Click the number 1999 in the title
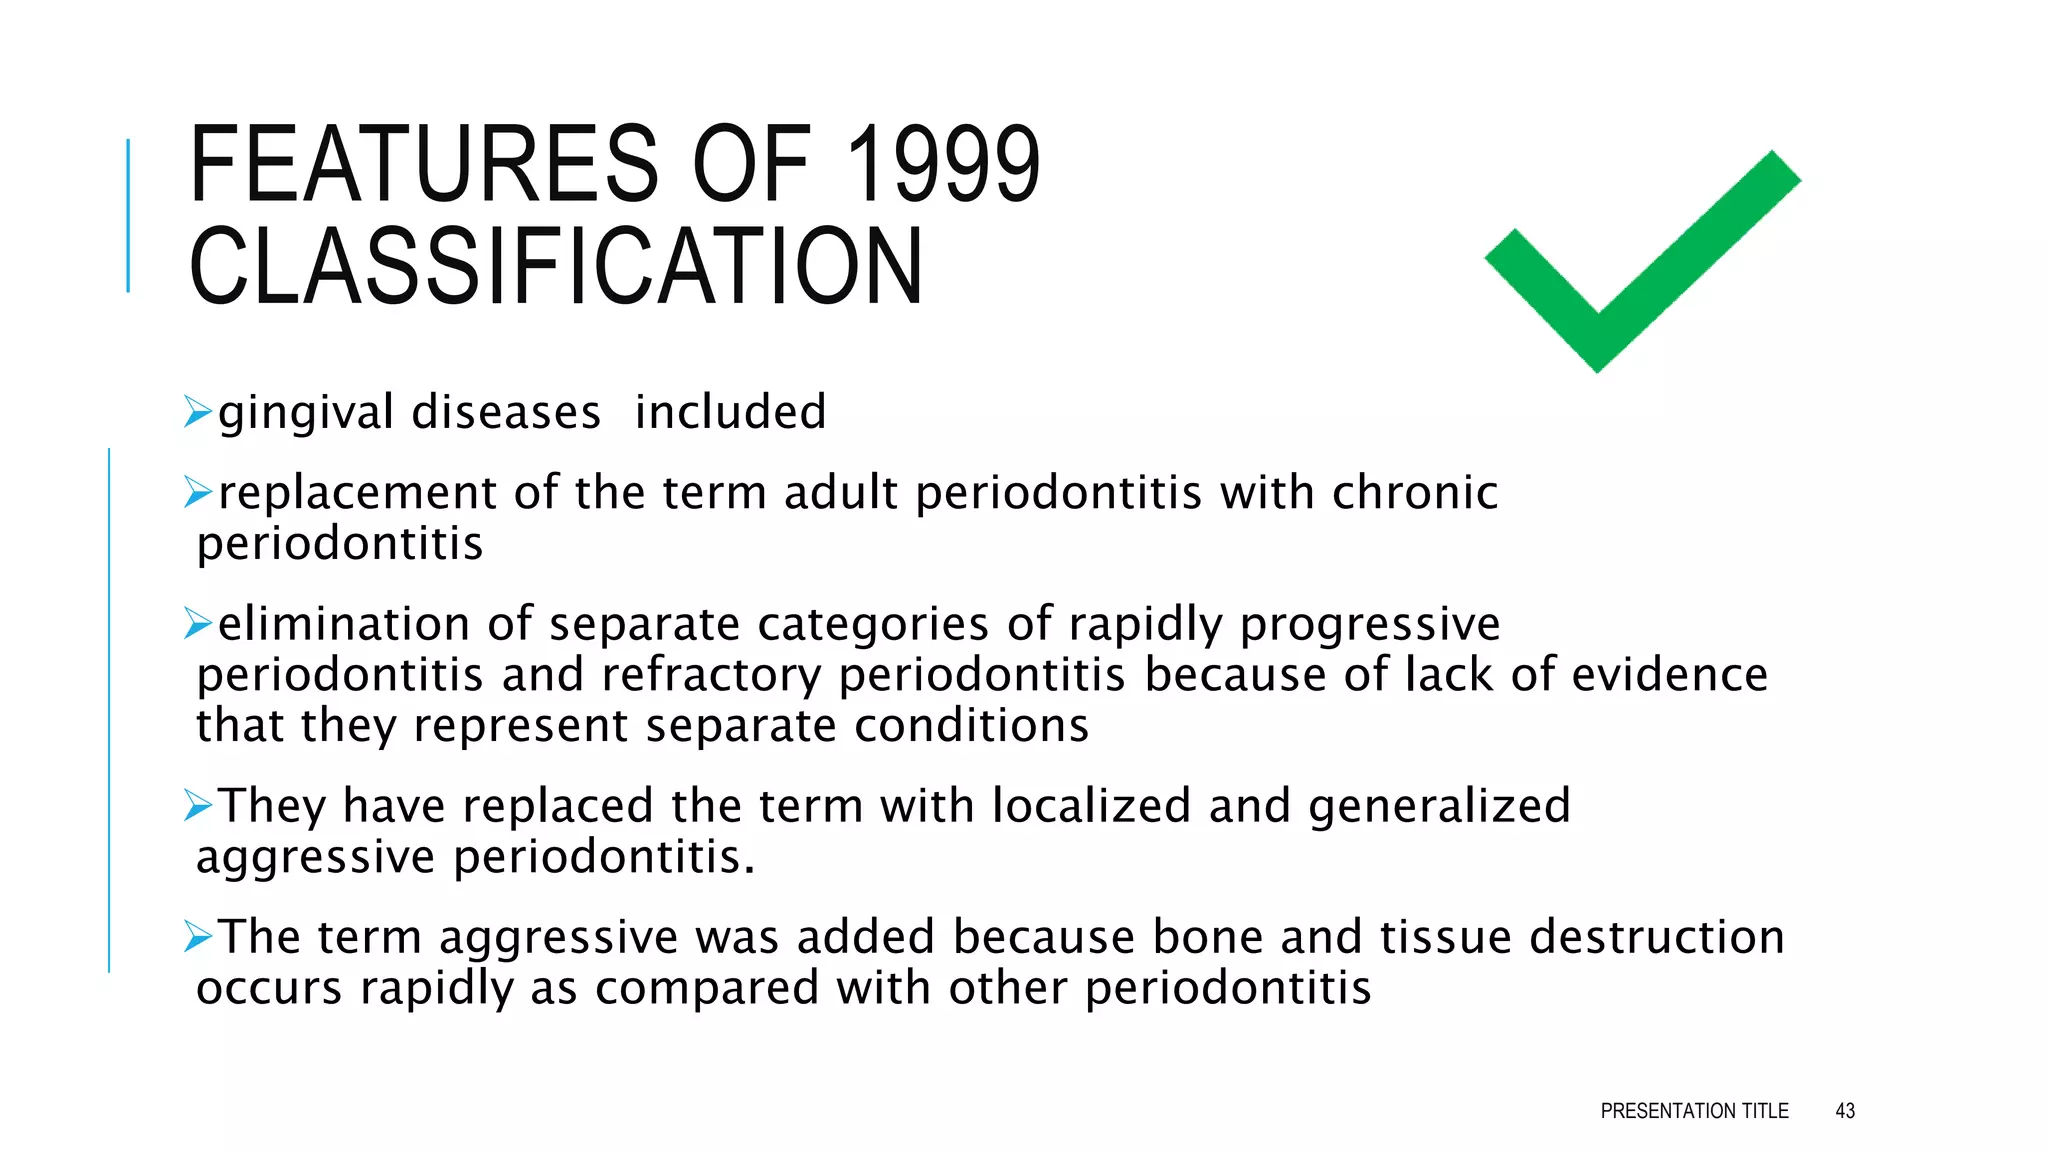click(942, 164)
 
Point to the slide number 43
click(1845, 1111)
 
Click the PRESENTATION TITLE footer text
click(1694, 1111)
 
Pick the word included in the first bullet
click(730, 412)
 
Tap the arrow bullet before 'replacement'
click(198, 492)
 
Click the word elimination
click(343, 624)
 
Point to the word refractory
click(711, 675)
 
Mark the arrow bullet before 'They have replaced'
click(198, 805)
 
